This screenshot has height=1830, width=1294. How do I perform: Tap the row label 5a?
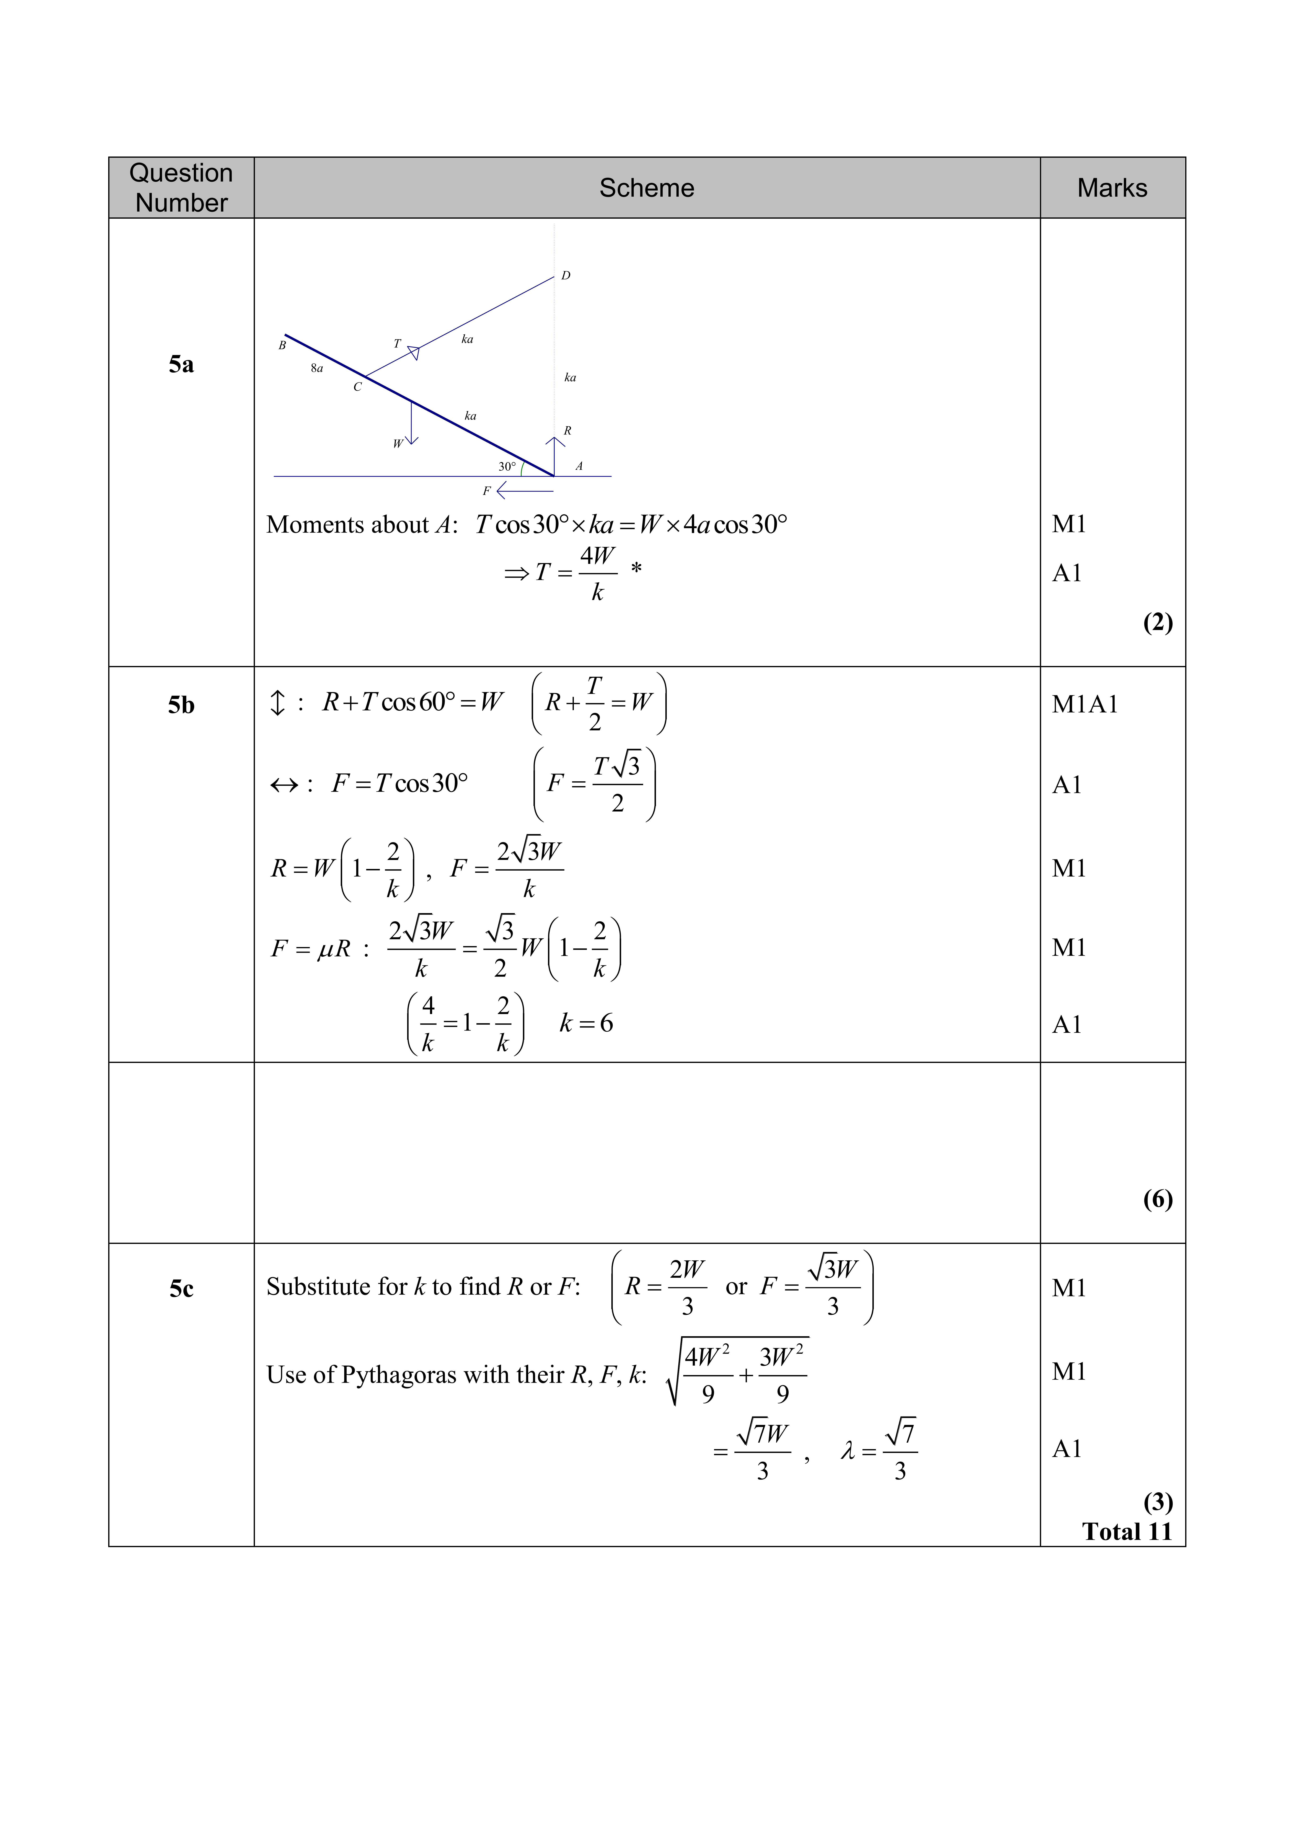pos(181,364)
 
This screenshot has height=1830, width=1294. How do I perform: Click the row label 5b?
pos(181,705)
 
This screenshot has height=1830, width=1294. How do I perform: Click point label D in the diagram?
pos(566,276)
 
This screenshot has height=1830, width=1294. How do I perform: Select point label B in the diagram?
pos(282,346)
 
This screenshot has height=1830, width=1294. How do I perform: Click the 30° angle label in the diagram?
pos(507,466)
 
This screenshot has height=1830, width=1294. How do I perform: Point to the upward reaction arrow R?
pos(554,454)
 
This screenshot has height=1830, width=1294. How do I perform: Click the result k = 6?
pos(586,1023)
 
